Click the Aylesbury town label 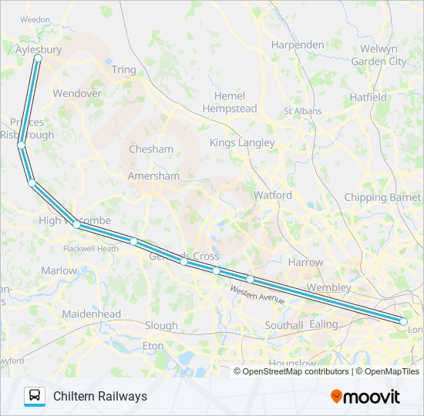38,49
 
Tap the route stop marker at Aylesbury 38,58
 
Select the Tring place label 123,70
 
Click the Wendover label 77,93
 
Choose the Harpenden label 298,45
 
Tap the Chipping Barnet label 382,197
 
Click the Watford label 273,195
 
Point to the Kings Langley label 242,143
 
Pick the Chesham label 151,149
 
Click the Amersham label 154,176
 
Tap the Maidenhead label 93,314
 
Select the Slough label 161,325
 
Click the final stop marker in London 403,321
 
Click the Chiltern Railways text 100,396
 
